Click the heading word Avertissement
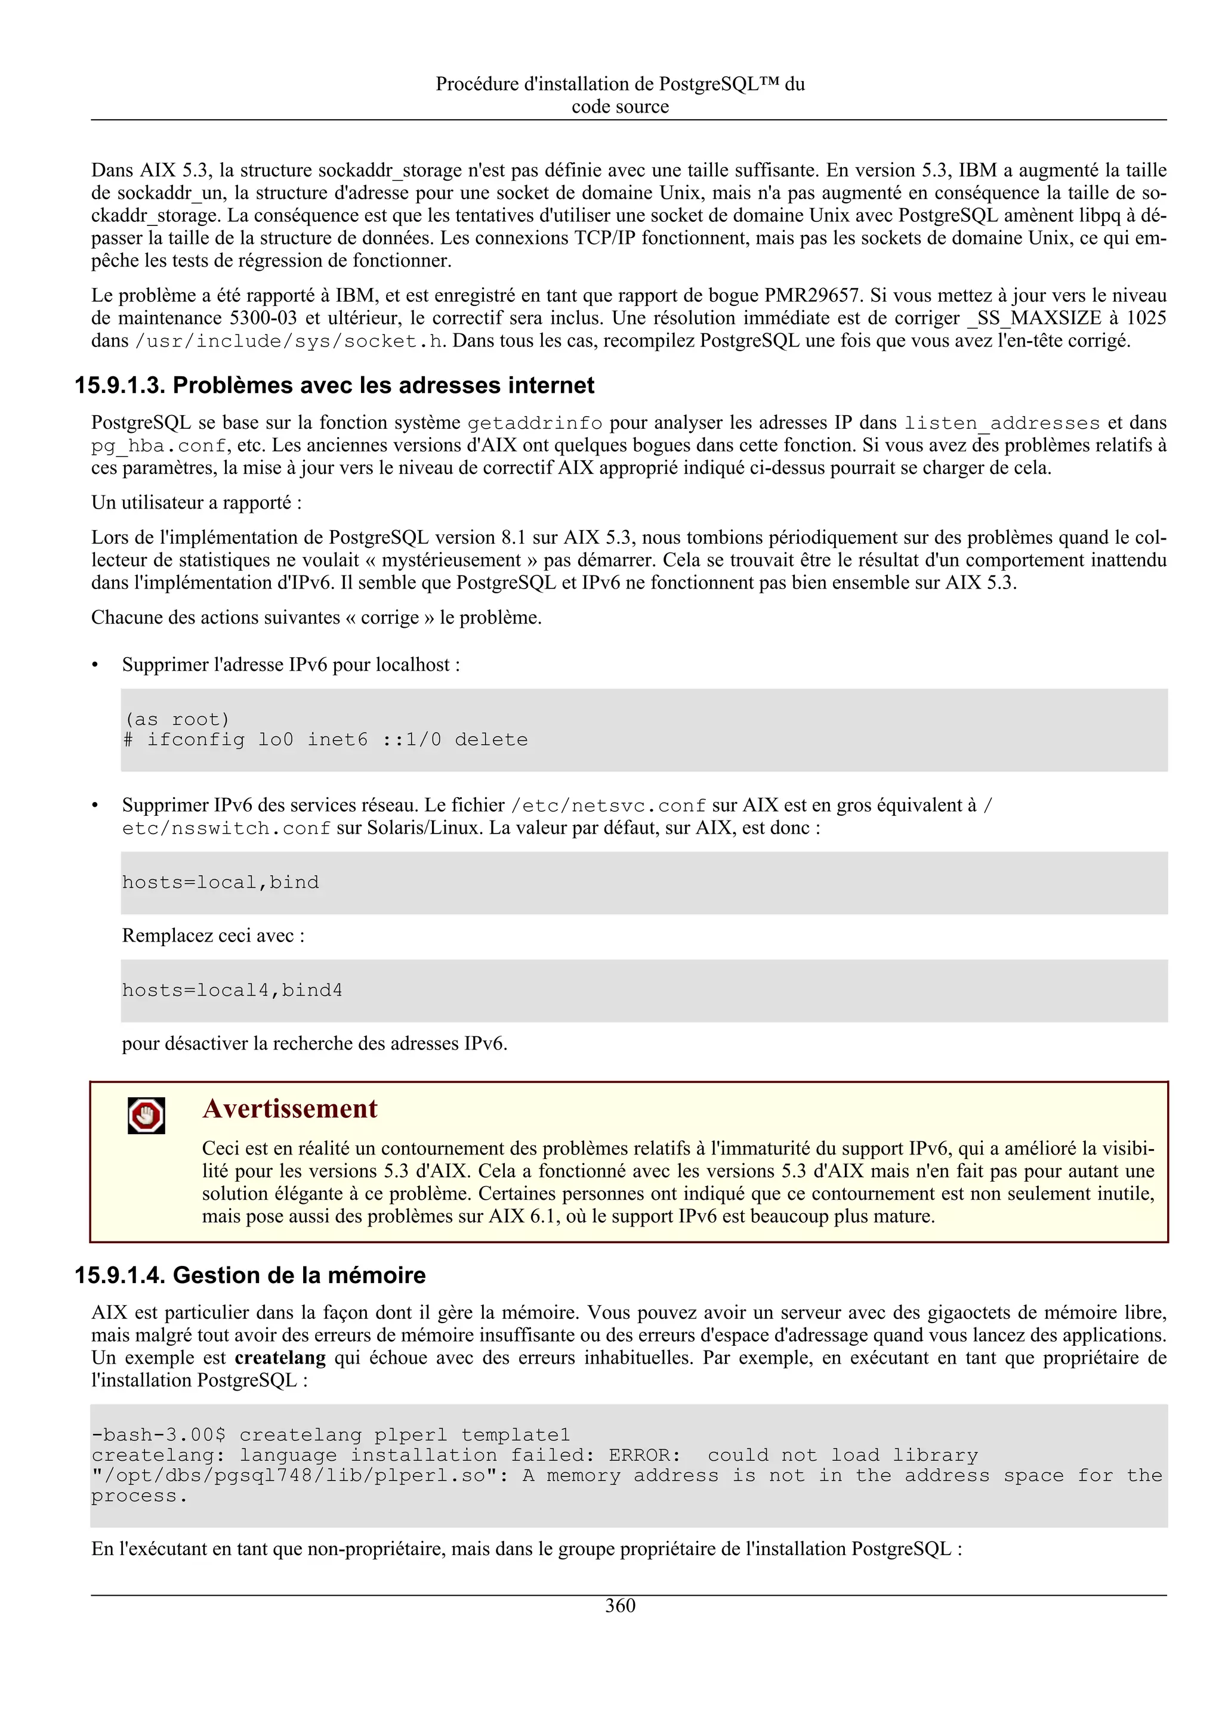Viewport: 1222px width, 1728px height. click(x=289, y=1108)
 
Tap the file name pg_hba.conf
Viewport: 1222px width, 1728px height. click(x=158, y=445)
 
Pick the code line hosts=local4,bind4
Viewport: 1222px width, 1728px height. click(x=232, y=990)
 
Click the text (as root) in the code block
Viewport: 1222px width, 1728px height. click(x=177, y=720)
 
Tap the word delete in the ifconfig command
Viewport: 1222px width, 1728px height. click(x=491, y=740)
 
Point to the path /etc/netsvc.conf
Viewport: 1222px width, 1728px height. click(x=609, y=806)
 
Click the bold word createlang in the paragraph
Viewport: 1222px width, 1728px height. click(x=280, y=1358)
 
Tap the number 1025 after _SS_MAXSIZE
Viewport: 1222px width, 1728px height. click(x=1146, y=318)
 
